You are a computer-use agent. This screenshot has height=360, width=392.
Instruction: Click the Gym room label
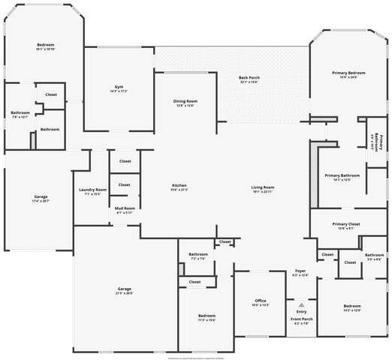(119, 87)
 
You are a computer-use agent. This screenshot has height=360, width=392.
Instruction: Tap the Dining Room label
(185, 101)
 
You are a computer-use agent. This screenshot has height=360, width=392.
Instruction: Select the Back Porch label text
(249, 77)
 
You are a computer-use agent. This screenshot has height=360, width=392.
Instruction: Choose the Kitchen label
(179, 185)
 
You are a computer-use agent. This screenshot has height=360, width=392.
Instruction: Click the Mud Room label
(125, 208)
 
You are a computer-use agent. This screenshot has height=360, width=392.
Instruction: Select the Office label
(261, 301)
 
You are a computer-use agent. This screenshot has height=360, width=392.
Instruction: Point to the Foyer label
(300, 271)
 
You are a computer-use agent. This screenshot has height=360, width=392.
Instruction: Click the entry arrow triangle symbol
(300, 305)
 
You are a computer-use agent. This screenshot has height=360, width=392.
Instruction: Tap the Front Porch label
(302, 319)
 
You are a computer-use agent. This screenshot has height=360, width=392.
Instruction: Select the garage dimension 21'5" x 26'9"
(124, 293)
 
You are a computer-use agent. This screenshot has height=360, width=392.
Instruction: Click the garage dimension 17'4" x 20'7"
(41, 201)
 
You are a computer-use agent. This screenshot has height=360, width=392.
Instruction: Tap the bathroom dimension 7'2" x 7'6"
(198, 259)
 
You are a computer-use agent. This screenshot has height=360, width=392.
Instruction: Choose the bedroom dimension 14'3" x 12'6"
(351, 310)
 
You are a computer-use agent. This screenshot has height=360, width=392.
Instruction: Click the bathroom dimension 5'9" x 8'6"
(374, 259)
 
